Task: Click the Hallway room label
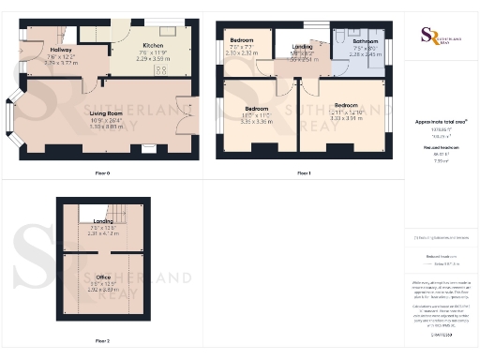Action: coord(61,50)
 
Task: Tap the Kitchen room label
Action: coord(154,45)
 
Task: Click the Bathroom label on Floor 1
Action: coord(365,42)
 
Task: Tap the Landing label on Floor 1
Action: coord(302,46)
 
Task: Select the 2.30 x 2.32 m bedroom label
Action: coord(242,52)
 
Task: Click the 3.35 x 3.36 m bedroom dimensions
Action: coord(257,122)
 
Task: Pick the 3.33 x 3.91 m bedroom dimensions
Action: coord(347,118)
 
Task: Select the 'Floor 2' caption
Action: coord(102,340)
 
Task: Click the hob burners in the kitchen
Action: coord(160,69)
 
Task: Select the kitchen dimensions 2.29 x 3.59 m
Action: coord(154,58)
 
